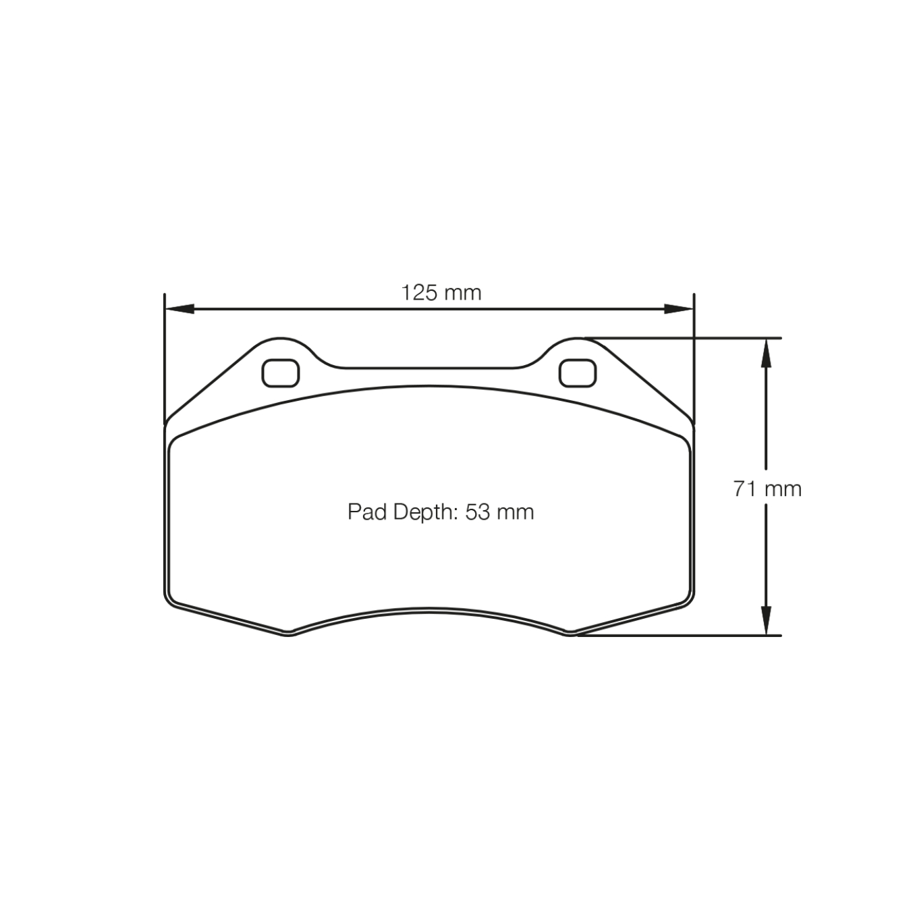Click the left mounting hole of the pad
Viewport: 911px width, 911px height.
pyautogui.click(x=280, y=373)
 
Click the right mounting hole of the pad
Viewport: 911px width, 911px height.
pyautogui.click(x=578, y=373)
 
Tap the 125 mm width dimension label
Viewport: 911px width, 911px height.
pyautogui.click(x=441, y=293)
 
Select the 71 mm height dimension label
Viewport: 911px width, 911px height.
pyautogui.click(x=767, y=489)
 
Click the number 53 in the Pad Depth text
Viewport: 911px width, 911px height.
pyautogui.click(x=477, y=512)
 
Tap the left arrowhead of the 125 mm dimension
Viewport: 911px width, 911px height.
pyautogui.click(x=179, y=309)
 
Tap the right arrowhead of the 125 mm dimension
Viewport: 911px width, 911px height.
pyautogui.click(x=680, y=309)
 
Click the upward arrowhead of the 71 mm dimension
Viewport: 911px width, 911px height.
pyautogui.click(x=766, y=352)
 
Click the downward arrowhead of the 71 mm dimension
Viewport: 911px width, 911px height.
pyautogui.click(x=766, y=621)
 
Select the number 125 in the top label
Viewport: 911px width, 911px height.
pyautogui.click(x=420, y=293)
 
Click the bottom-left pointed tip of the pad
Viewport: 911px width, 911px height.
pyautogui.click(x=288, y=634)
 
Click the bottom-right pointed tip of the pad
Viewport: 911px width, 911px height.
pyautogui.click(x=571, y=634)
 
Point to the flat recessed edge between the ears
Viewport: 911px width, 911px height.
pyautogui.click(x=429, y=368)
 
